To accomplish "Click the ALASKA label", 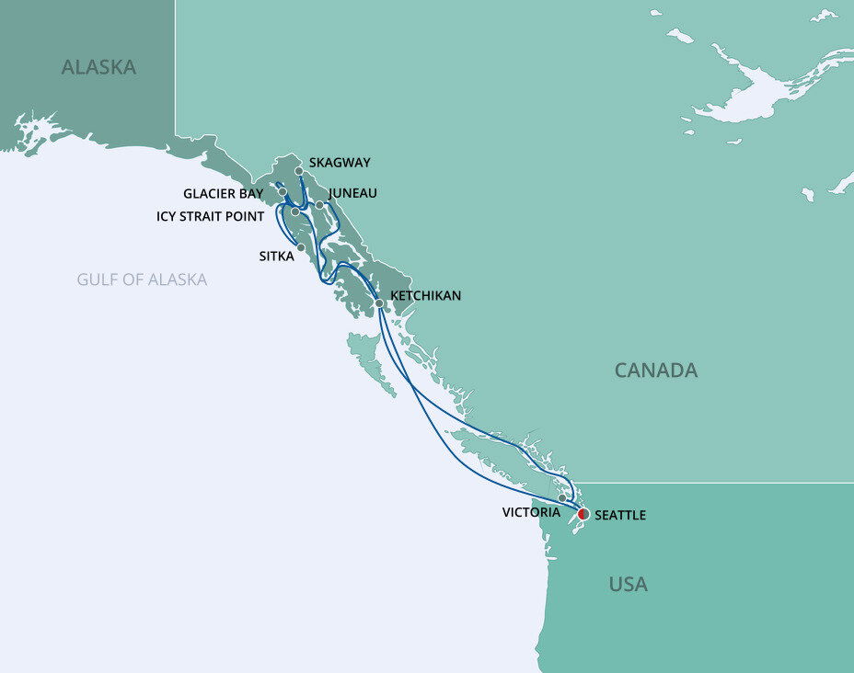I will [98, 67].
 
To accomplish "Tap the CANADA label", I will [656, 371].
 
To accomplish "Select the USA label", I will [628, 584].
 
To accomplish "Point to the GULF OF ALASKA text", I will [142, 279].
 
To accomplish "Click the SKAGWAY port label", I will [340, 163].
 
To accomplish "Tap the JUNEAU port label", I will [352, 193].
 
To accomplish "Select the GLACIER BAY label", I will [223, 194].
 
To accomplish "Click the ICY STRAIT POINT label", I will [210, 216].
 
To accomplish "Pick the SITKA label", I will [277, 257].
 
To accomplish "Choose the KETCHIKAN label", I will [426, 296].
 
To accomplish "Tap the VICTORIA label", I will [531, 511].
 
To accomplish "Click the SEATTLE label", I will [620, 516].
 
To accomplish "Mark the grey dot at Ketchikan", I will [379, 302].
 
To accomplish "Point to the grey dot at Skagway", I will [299, 171].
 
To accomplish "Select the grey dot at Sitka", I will [301, 246].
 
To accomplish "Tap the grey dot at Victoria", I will [562, 498].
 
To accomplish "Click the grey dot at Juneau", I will [319, 204].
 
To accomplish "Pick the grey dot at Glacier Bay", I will [283, 192].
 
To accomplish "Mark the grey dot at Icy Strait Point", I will [294, 212].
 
